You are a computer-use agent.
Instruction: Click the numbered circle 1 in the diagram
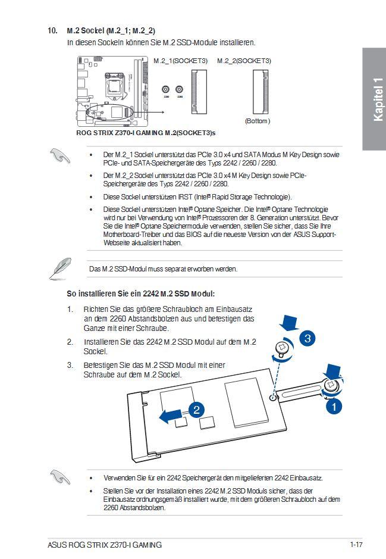point(334,407)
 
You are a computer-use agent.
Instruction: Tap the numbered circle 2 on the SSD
point(196,409)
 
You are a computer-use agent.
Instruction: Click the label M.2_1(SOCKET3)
point(181,61)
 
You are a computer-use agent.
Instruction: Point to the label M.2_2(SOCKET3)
point(244,61)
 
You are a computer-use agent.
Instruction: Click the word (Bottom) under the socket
point(258,121)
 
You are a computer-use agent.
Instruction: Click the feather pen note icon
point(60,268)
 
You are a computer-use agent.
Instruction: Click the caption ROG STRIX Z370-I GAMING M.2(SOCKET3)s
point(146,132)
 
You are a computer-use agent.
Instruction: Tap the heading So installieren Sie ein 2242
point(140,294)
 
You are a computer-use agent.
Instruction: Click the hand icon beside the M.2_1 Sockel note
point(60,156)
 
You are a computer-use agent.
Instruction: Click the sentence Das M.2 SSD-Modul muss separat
point(163,269)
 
